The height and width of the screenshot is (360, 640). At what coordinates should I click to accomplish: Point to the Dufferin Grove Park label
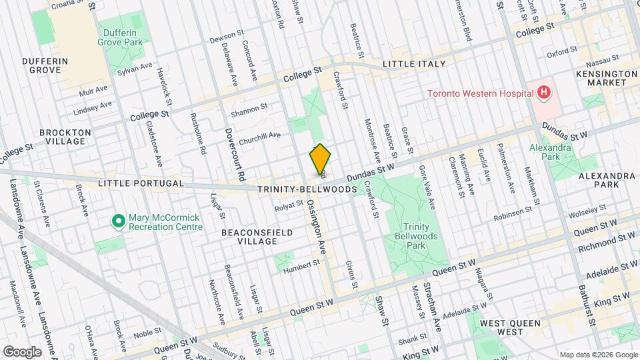pyautogui.click(x=122, y=37)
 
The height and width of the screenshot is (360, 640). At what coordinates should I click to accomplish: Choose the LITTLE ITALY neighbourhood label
pyautogui.click(x=413, y=64)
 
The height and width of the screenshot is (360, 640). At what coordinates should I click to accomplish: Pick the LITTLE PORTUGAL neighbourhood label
pyautogui.click(x=131, y=183)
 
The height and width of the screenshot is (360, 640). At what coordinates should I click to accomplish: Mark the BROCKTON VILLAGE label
pyautogui.click(x=65, y=137)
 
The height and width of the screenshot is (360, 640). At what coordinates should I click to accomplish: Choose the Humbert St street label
pyautogui.click(x=297, y=270)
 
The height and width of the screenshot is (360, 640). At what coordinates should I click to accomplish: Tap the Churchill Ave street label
pyautogui.click(x=259, y=135)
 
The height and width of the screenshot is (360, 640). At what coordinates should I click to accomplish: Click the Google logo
pyautogui.click(x=22, y=351)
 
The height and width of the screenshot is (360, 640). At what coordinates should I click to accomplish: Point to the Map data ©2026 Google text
pyautogui.click(x=597, y=354)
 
